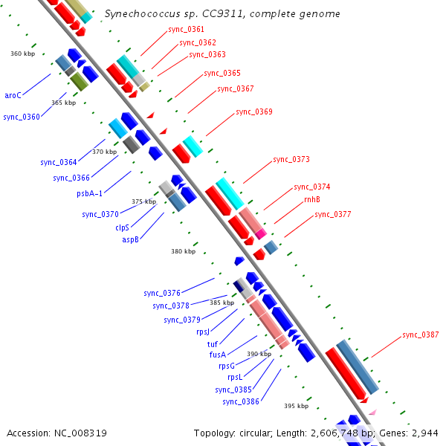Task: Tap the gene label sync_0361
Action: point(187,29)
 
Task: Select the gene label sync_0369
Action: point(253,112)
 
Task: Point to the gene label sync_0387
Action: point(420,335)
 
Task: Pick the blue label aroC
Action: point(13,95)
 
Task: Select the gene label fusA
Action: point(217,355)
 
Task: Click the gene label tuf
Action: point(212,343)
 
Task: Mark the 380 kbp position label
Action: point(183,252)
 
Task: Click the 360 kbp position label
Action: point(22,54)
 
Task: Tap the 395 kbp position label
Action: point(296,407)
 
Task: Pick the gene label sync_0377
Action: point(332,215)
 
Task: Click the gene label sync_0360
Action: point(22,117)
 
